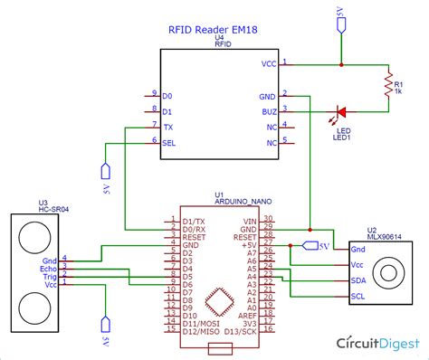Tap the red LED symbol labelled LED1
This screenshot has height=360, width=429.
pyautogui.click(x=341, y=111)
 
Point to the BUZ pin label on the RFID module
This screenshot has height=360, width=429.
pyautogui.click(x=269, y=110)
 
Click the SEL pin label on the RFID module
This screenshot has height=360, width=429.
pyautogui.click(x=168, y=141)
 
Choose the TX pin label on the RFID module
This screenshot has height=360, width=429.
pyautogui.click(x=167, y=127)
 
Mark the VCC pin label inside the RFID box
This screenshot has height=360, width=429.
pyautogui.click(x=268, y=64)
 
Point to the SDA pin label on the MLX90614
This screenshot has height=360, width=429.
pyautogui.click(x=357, y=280)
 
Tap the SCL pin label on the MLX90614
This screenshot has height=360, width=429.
pyautogui.click(x=357, y=296)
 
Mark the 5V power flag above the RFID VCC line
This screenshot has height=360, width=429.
pyautogui.click(x=340, y=23)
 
